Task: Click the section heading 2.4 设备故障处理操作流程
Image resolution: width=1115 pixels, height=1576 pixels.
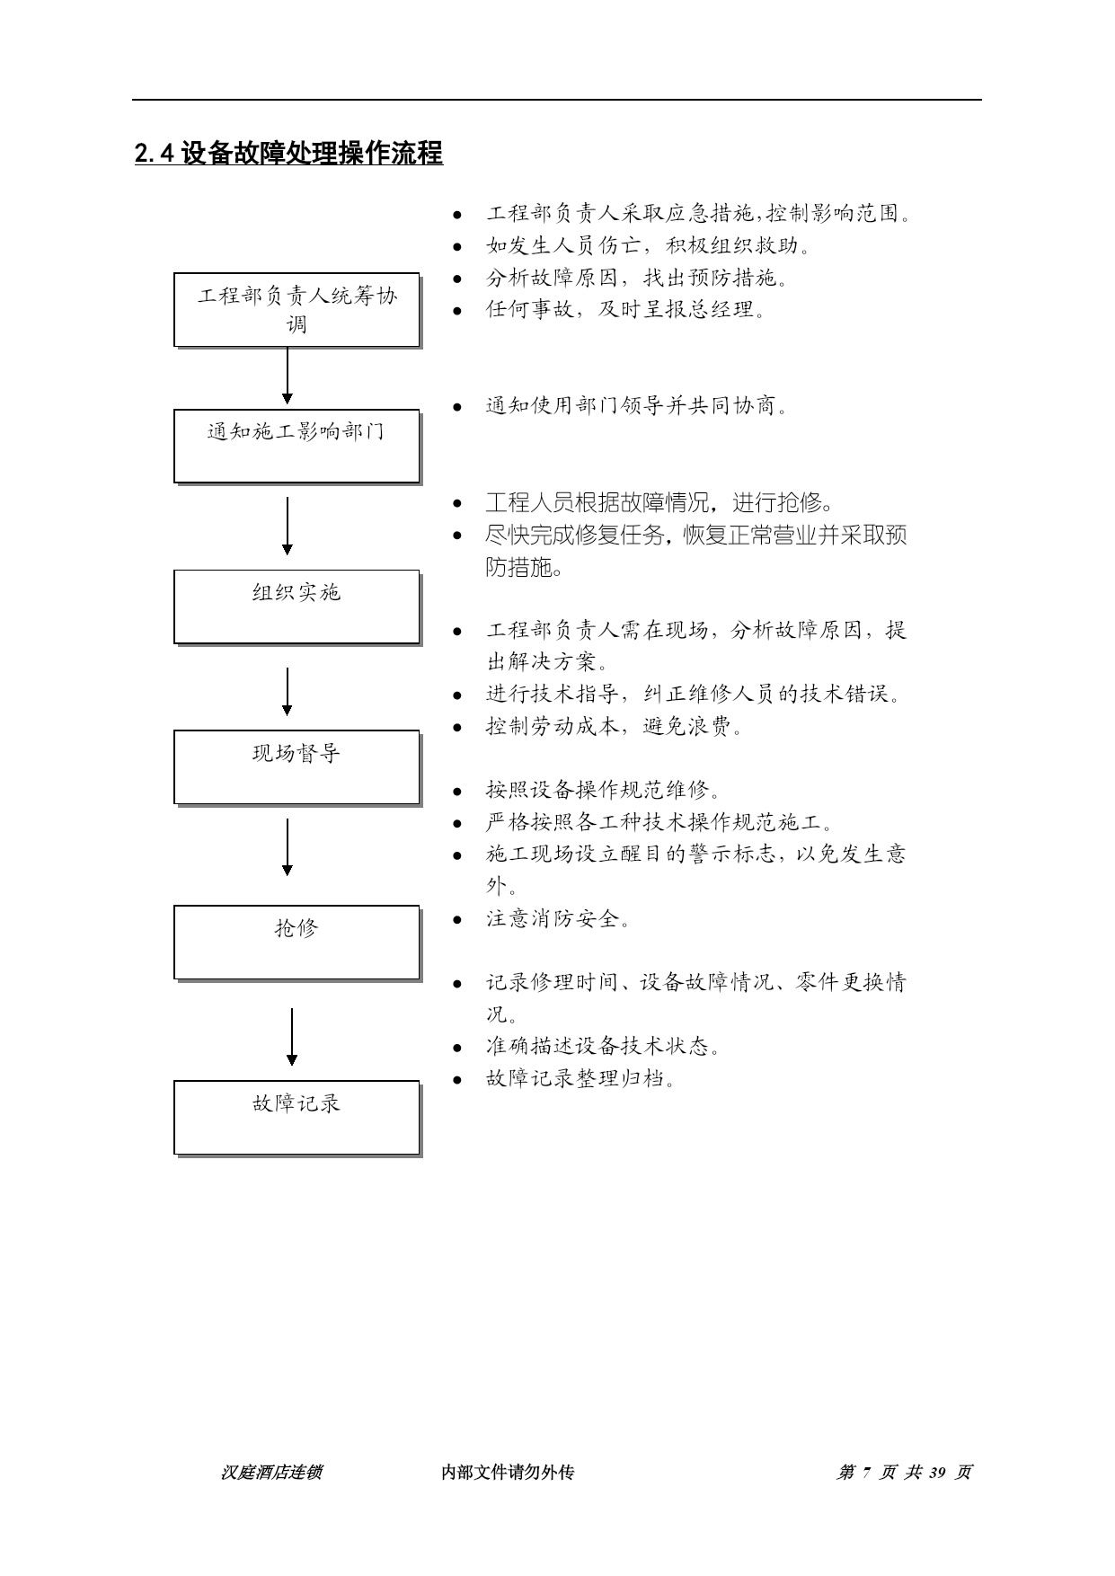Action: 288,154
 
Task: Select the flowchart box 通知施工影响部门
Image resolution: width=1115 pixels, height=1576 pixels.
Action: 297,447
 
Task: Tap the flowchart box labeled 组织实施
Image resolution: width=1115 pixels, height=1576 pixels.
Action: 297,607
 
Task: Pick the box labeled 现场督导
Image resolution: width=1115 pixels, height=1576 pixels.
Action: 297,768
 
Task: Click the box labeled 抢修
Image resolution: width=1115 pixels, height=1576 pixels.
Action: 297,943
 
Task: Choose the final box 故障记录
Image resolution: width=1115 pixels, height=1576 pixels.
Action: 297,1118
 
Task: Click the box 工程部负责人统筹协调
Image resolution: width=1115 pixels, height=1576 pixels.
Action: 297,310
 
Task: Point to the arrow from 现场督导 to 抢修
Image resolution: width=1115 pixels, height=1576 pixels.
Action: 288,846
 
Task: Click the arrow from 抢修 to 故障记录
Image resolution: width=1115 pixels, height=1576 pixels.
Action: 292,1037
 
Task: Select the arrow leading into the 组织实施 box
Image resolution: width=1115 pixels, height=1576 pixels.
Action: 288,527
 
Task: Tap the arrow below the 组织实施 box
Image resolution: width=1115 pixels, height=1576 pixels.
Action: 288,691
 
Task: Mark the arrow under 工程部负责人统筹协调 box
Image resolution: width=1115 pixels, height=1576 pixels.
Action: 288,376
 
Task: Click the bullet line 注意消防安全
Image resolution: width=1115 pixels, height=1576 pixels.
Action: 558,919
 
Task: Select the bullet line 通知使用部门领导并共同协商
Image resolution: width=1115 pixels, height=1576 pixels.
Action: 637,406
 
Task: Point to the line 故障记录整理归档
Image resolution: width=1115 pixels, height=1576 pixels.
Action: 580,1078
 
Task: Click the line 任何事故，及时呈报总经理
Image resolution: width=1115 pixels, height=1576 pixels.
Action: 625,310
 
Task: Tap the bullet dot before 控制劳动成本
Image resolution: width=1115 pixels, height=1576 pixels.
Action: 457,728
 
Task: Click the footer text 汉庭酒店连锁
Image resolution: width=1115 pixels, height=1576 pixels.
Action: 271,1473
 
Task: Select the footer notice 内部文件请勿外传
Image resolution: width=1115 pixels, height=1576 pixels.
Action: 508,1473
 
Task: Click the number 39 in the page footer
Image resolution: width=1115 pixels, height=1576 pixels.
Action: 938,1473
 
